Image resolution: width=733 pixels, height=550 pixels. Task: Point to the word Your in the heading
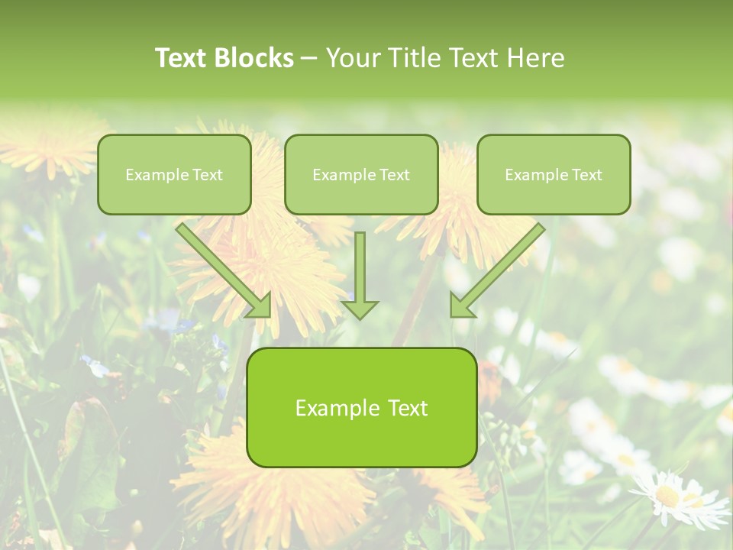(353, 58)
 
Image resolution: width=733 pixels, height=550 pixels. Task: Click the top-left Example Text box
(174, 174)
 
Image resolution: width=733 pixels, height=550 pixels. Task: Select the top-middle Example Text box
(361, 174)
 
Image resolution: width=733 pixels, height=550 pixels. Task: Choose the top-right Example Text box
(554, 174)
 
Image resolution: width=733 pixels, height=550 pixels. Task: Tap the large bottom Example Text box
(362, 407)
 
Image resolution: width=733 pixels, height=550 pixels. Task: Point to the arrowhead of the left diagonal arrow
(261, 306)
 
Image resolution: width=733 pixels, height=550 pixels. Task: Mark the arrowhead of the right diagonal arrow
(460, 306)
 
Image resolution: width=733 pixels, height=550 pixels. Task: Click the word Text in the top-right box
(586, 175)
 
